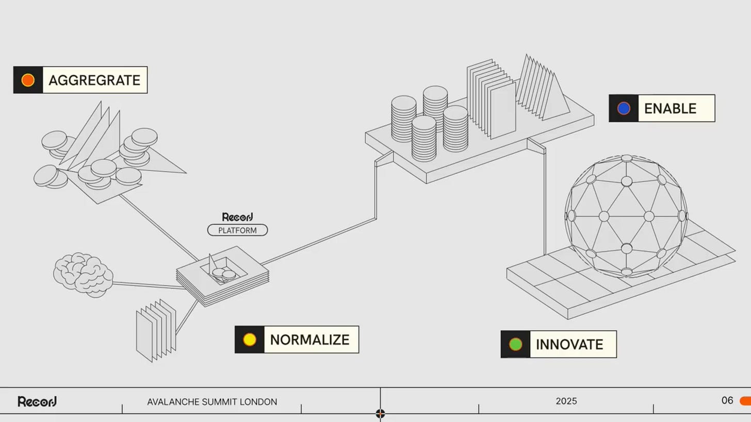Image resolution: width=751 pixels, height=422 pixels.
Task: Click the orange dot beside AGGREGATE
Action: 28,80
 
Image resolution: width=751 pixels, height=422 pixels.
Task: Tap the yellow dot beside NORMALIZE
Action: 250,340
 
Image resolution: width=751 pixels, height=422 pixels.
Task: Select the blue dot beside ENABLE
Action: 624,108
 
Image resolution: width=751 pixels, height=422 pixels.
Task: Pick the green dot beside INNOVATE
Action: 515,344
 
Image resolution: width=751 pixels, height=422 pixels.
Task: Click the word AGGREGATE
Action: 94,80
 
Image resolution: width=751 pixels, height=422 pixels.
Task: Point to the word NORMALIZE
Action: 310,340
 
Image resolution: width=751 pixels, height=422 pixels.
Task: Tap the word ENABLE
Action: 670,109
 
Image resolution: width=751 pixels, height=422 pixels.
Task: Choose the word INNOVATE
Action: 569,345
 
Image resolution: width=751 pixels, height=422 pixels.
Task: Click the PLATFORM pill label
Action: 237,230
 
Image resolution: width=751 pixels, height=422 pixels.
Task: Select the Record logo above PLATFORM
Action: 237,217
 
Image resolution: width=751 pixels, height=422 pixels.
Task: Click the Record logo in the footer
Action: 37,401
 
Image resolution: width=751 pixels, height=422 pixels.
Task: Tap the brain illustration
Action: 83,275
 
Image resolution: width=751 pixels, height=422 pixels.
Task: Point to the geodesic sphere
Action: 626,215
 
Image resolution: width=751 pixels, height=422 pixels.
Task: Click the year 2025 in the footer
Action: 566,401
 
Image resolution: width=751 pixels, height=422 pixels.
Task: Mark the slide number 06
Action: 727,400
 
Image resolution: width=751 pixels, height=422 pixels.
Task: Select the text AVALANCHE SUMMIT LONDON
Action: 212,402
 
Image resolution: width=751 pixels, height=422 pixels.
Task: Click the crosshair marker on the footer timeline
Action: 380,413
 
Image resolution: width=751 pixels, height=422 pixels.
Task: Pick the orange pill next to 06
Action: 745,401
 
